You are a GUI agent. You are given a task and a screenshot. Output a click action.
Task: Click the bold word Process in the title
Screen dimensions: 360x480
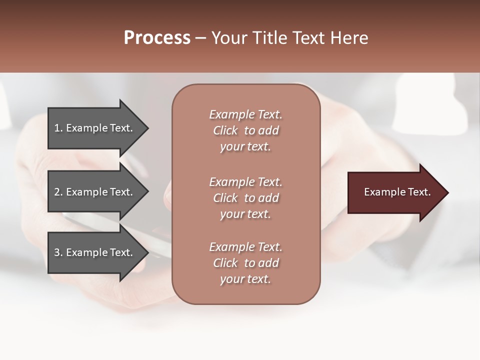157,38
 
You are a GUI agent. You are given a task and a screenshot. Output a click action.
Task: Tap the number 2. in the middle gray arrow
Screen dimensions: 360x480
58,192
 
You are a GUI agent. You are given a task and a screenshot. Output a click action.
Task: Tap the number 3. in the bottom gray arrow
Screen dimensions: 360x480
58,252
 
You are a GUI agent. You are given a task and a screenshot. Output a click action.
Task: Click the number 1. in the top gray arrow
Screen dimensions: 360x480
58,128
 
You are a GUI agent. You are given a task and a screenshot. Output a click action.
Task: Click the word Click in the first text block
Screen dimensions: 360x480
225,130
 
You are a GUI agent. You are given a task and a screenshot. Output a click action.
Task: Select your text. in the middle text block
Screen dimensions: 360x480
245,214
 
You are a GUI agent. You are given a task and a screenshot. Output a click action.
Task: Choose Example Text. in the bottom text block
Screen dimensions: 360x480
245,247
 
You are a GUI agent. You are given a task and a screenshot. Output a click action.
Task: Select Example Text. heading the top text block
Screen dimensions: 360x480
245,114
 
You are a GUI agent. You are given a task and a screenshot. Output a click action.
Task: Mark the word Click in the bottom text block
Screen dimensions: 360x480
225,263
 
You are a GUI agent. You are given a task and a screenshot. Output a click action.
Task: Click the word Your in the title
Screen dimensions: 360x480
230,38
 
